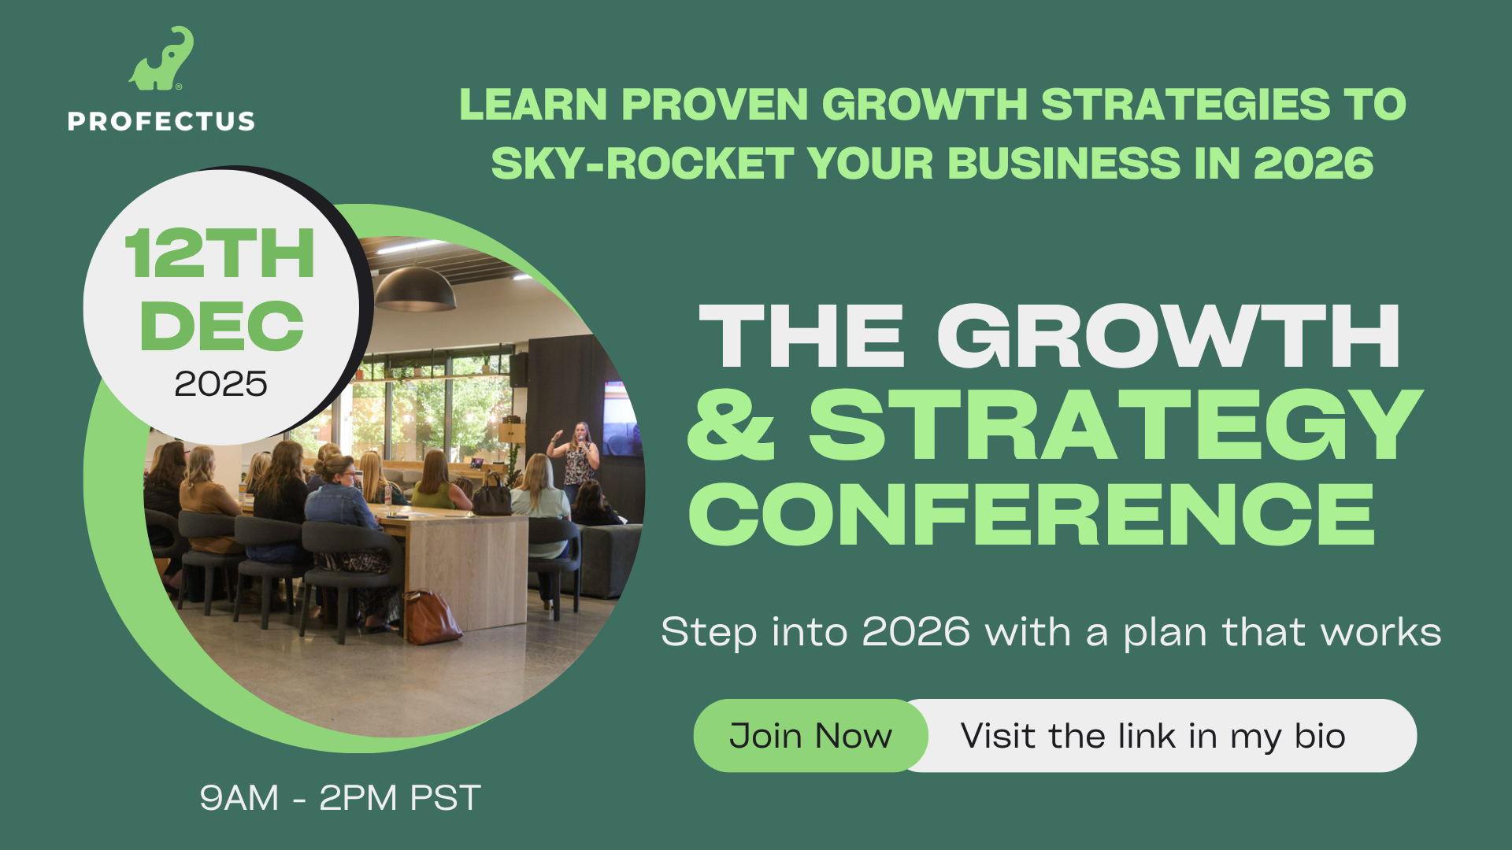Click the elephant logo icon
click(161, 59)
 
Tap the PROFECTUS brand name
click(161, 121)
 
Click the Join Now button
click(810, 735)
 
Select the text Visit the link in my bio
click(1153, 737)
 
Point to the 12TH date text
click(220, 253)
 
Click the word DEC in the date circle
click(221, 326)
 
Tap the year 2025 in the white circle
click(220, 384)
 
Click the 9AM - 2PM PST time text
click(340, 798)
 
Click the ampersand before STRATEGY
click(732, 426)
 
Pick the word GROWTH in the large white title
click(1169, 336)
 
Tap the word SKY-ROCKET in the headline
click(643, 164)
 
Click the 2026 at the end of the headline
click(1314, 164)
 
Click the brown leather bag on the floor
click(432, 617)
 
